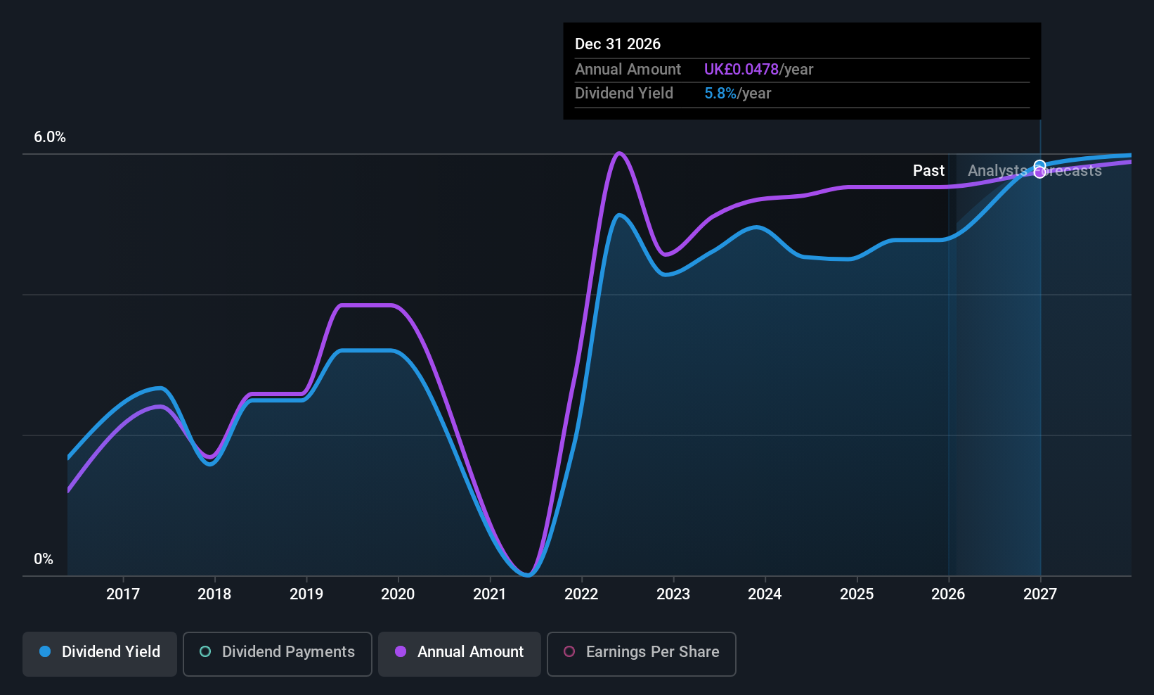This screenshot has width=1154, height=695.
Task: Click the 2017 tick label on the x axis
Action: (x=123, y=594)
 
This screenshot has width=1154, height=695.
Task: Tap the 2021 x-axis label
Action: (x=490, y=594)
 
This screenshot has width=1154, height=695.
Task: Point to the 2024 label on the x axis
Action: (x=765, y=594)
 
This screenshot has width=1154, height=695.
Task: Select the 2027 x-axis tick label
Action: (x=1040, y=594)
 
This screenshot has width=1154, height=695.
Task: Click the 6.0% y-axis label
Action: (x=50, y=137)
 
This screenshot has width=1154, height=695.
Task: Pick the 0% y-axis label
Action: (x=44, y=559)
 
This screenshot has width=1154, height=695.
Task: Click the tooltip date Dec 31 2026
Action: (x=618, y=44)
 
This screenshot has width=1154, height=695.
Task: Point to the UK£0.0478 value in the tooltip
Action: (x=741, y=70)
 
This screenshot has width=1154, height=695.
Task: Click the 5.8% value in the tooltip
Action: (x=720, y=94)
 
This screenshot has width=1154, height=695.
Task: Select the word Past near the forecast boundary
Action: (x=928, y=171)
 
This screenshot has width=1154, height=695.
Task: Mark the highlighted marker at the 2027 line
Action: (x=1040, y=170)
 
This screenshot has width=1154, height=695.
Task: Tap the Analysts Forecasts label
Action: (x=1035, y=171)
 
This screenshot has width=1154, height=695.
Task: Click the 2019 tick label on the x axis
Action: (x=306, y=594)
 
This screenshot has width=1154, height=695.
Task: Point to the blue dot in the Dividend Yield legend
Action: (x=45, y=652)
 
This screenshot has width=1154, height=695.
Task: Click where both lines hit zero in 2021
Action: (x=529, y=575)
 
